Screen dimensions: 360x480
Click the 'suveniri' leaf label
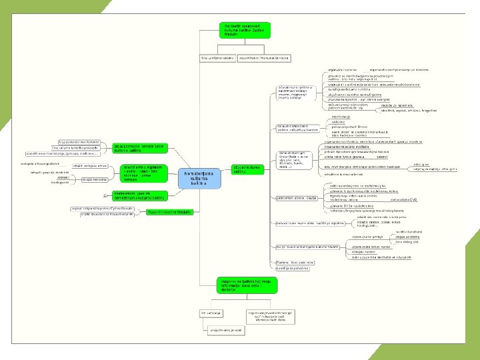pos(381,157)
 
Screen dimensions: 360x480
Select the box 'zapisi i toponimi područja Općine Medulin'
pos(104,208)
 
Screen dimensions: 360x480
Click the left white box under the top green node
pos(217,58)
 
